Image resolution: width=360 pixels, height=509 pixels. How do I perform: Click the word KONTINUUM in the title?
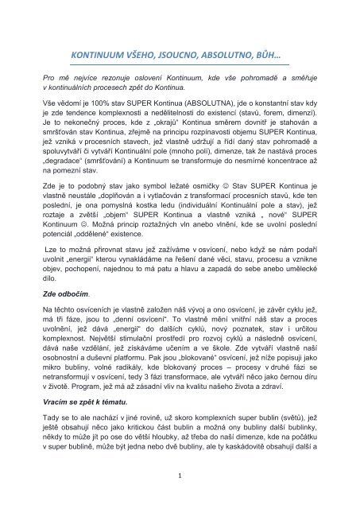[100, 57]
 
